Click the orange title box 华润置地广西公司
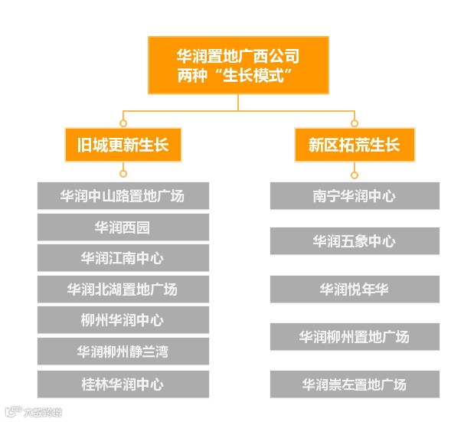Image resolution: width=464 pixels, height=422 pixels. tap(238, 67)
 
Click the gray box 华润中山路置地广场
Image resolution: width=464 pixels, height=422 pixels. tap(123, 195)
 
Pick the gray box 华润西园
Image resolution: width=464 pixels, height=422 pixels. tap(123, 227)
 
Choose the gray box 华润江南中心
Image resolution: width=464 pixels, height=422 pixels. tap(123, 258)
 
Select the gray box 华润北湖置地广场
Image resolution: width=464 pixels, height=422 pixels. tap(123, 290)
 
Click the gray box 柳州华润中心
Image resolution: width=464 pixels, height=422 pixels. tap(123, 320)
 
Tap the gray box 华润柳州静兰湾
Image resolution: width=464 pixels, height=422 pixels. tap(123, 352)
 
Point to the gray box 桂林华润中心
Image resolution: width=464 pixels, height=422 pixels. tap(123, 383)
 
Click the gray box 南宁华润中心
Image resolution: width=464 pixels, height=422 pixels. tap(355, 195)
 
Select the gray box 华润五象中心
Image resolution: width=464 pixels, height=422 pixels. tap(355, 241)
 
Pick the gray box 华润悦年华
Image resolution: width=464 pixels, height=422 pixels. tap(355, 290)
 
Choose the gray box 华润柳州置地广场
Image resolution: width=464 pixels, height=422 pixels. tap(355, 336)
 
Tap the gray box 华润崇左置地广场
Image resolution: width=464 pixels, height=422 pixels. tap(355, 384)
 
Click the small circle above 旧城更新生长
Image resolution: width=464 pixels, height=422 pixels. tap(123, 123)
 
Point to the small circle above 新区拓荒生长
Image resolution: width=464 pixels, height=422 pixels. tap(354, 123)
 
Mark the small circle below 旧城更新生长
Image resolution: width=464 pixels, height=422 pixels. tap(123, 174)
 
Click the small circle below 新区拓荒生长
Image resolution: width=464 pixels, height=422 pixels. tap(354, 174)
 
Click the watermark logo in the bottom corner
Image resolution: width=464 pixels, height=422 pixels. tap(31, 414)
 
